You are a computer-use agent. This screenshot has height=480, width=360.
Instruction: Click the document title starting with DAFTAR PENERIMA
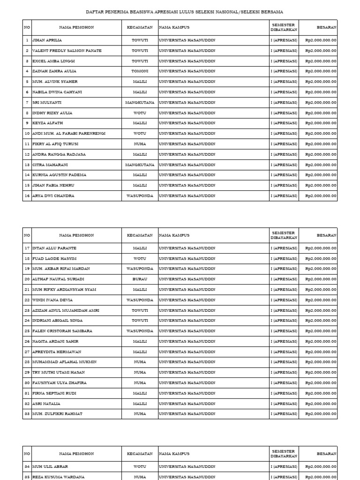[185, 12]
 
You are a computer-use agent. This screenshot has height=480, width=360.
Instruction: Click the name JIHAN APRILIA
[47, 40]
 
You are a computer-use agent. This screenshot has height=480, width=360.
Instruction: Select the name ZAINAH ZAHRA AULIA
[54, 71]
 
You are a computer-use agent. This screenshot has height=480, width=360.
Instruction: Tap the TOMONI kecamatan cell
[140, 71]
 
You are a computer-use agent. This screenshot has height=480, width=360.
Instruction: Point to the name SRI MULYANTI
[47, 102]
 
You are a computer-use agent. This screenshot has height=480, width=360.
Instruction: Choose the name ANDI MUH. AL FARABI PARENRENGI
[68, 134]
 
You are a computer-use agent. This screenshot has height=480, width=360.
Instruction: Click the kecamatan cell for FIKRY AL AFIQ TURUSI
[140, 144]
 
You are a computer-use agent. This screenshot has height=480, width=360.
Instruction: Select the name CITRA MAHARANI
[50, 165]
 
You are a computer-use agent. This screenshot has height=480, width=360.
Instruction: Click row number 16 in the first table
[27, 196]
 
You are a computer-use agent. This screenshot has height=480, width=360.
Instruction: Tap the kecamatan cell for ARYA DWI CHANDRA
[140, 196]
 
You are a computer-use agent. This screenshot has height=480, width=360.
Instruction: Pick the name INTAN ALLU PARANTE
[54, 248]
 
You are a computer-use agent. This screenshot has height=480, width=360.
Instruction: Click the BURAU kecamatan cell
[140, 279]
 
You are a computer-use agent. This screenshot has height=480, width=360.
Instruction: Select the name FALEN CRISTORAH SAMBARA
[62, 331]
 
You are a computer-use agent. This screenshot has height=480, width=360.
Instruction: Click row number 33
[27, 414]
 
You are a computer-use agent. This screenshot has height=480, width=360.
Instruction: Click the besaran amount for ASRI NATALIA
[321, 404]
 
